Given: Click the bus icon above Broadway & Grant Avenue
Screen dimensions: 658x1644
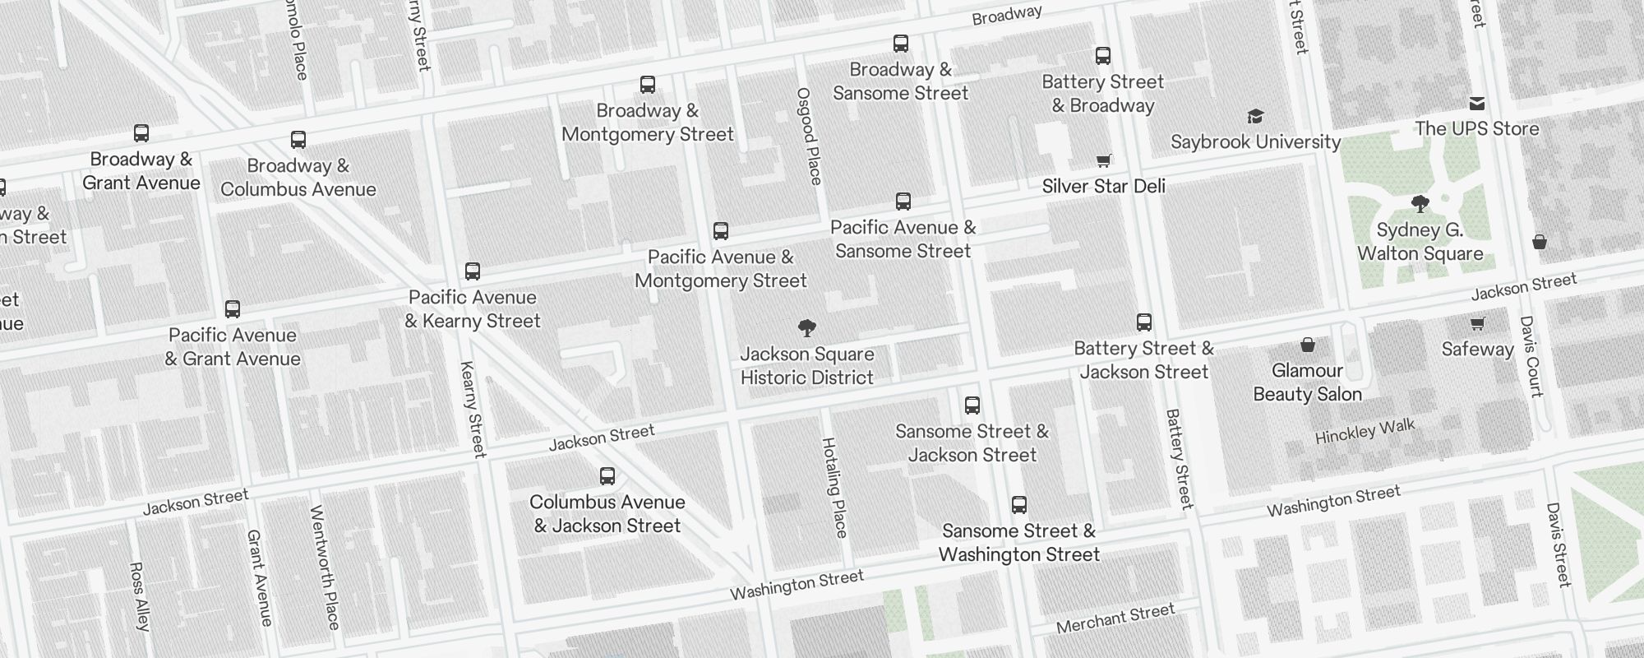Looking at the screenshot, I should click(141, 133).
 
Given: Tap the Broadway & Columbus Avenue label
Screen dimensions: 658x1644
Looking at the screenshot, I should click(298, 178).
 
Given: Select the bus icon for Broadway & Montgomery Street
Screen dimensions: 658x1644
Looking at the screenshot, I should click(648, 85).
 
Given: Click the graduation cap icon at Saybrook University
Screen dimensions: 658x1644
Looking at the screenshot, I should click(1255, 116).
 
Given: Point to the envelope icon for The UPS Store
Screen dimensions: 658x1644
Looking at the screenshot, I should click(1477, 104).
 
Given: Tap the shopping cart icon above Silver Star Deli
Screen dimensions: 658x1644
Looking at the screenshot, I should click(1104, 160).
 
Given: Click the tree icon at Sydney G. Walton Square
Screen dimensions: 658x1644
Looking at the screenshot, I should click(1420, 204).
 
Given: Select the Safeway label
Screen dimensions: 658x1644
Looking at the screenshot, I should click(1477, 349).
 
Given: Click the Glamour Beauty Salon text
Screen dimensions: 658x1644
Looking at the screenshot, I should click(1307, 382).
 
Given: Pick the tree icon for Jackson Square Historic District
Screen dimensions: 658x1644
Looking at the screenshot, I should click(807, 329).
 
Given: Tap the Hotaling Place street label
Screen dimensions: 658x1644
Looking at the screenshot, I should click(834, 488).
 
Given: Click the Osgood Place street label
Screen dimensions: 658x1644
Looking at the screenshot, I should click(809, 136).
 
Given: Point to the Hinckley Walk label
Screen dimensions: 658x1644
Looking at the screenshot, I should click(1365, 431).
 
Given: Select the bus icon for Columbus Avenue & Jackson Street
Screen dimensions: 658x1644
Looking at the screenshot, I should click(607, 476).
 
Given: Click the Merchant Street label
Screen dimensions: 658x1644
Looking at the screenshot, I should click(1115, 619).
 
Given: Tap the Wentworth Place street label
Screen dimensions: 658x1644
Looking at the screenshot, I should click(324, 568).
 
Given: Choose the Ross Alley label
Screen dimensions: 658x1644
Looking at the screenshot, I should click(140, 596).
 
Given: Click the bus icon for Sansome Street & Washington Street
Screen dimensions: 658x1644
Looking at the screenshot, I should click(1019, 505).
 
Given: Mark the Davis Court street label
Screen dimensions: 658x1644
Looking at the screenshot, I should click(1531, 356).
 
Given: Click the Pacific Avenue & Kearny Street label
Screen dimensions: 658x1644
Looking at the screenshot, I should click(473, 309).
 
